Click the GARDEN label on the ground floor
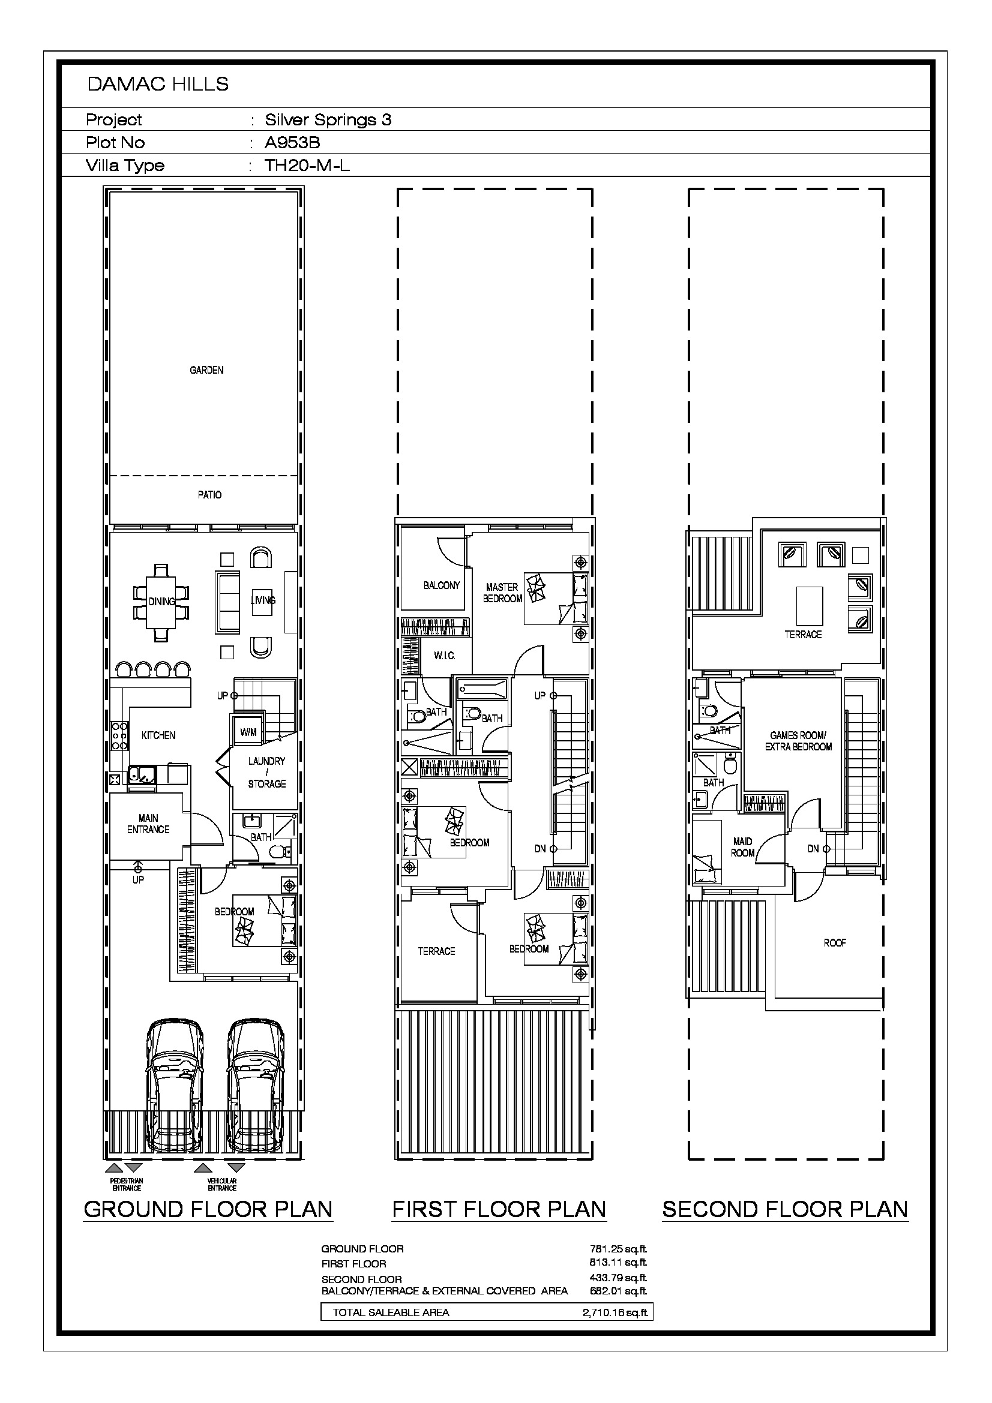pos(206,369)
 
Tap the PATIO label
pos(209,494)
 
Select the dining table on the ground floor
pos(161,602)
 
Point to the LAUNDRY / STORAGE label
pos(266,773)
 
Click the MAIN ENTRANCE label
pos(148,823)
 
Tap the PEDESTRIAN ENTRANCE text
pos(127,1185)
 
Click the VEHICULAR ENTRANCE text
pos(222,1185)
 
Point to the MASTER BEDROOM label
pos(502,593)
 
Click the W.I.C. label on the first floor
pos(444,656)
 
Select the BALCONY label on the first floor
pos(441,585)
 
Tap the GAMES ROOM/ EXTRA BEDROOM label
pos(798,741)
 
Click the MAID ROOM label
pos(742,847)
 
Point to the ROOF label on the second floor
pos(834,943)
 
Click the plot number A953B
pos(292,142)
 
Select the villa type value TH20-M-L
pos(307,165)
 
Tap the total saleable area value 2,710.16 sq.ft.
pos(616,1312)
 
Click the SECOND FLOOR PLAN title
pos(786,1209)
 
